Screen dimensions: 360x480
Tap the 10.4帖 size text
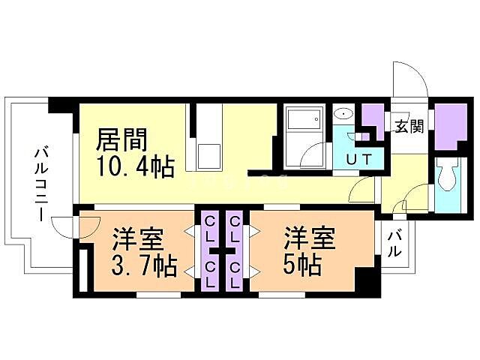[136, 166]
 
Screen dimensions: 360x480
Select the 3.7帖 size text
[145, 266]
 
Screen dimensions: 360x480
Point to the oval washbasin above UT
[344, 115]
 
